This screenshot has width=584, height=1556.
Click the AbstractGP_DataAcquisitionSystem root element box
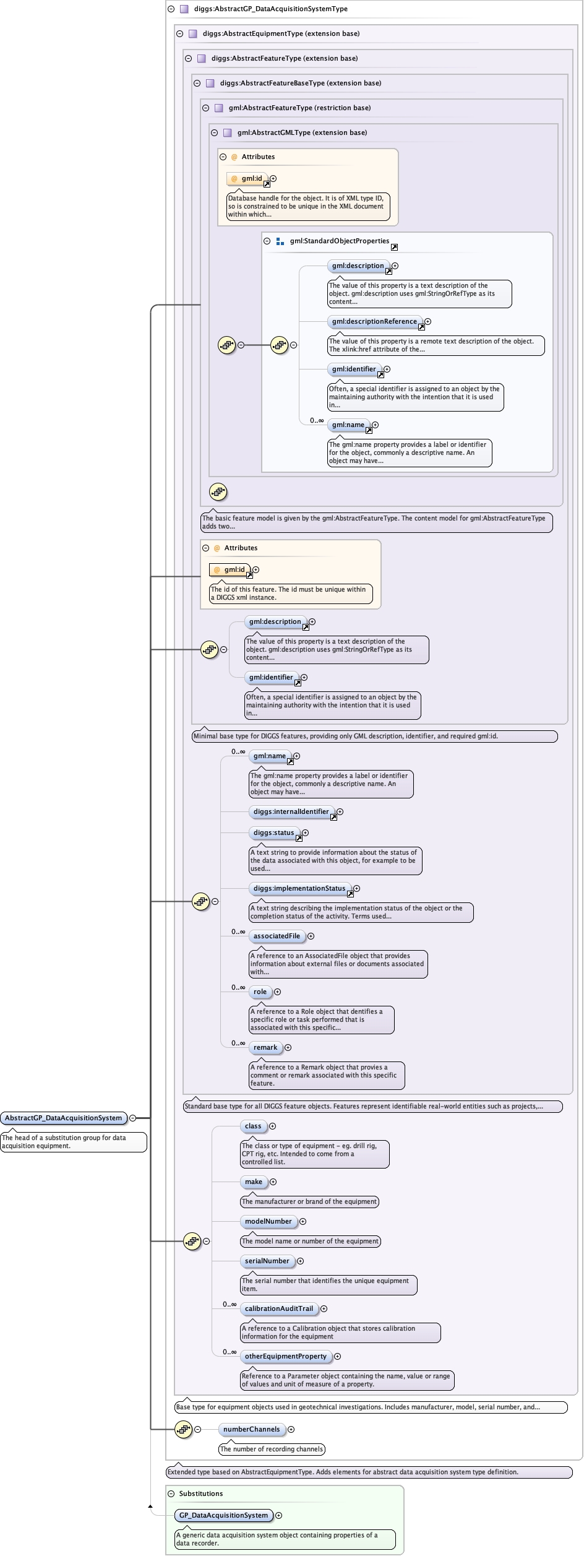click(x=64, y=1118)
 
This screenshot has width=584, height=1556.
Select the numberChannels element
click(x=251, y=1429)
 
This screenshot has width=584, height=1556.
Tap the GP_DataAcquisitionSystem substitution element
click(x=223, y=1515)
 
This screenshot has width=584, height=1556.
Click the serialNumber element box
click(x=267, y=1261)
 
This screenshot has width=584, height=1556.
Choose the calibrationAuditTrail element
click(x=278, y=1308)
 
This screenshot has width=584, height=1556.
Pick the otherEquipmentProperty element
click(x=285, y=1356)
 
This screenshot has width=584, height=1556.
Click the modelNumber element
click(x=268, y=1221)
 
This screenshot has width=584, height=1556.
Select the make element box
click(x=254, y=1182)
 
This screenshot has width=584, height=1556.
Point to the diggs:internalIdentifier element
click(x=291, y=811)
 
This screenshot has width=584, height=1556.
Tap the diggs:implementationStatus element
click(x=299, y=888)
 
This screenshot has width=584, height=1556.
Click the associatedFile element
click(x=277, y=936)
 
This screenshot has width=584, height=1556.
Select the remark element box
click(x=265, y=1047)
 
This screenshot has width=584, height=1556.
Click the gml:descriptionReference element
click(x=374, y=321)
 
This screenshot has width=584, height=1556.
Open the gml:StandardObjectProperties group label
click(x=340, y=241)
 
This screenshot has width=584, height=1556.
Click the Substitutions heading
click(x=201, y=1493)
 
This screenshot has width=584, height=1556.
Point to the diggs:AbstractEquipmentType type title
click(x=281, y=33)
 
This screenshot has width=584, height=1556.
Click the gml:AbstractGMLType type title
click(x=302, y=132)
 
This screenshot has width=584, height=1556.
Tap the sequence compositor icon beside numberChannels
click(x=183, y=1429)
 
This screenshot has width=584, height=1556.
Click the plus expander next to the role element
click(x=277, y=992)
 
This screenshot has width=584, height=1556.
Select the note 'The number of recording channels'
click(x=272, y=1449)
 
